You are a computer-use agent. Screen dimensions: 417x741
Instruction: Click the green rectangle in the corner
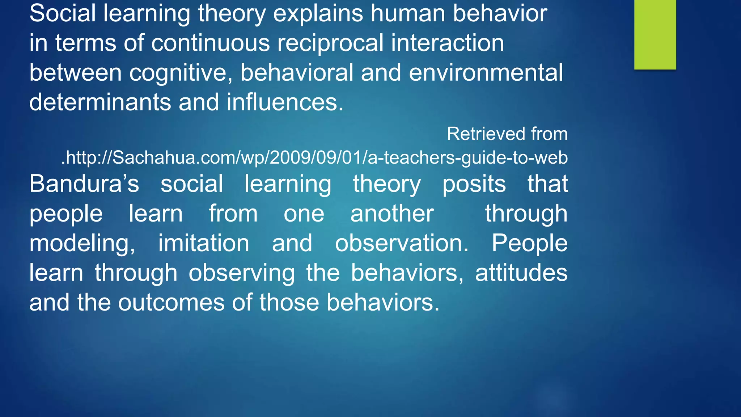[655, 34]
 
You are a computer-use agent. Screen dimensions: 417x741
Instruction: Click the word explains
[318, 14]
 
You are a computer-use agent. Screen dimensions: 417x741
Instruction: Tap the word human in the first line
[408, 14]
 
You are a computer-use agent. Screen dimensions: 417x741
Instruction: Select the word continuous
[211, 43]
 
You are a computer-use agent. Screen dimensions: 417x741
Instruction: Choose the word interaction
[447, 43]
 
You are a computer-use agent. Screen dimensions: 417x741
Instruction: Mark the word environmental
[486, 73]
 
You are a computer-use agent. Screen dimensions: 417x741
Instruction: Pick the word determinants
[100, 102]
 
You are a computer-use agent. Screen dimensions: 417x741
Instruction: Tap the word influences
[285, 102]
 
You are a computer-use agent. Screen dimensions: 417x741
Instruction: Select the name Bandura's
[84, 184]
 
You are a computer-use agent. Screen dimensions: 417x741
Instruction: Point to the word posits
[474, 184]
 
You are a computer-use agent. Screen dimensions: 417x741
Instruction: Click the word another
[392, 214]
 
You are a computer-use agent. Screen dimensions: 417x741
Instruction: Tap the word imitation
[204, 243]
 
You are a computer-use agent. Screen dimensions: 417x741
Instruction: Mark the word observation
[402, 243]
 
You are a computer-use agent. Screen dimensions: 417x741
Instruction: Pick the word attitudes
[521, 273]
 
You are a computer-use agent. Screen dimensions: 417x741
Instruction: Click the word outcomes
[171, 303]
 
